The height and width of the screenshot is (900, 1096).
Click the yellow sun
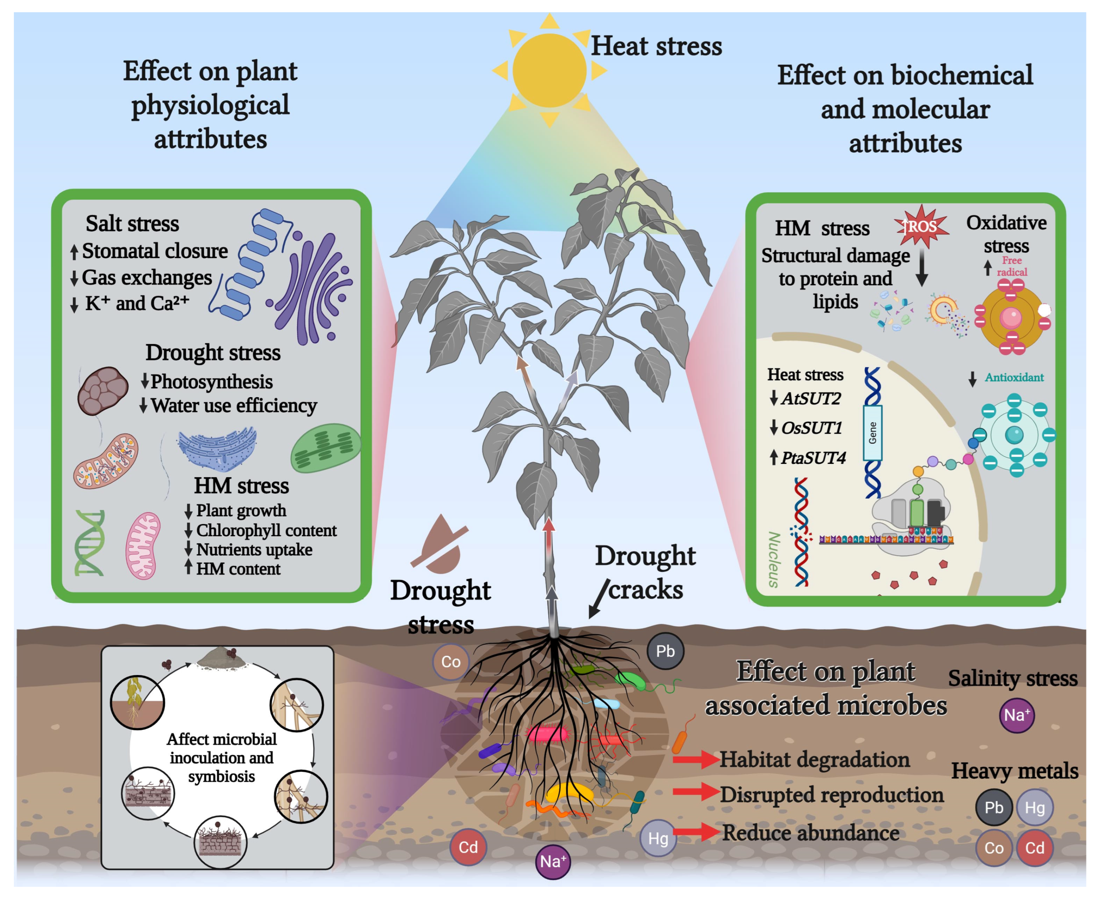pyautogui.click(x=549, y=71)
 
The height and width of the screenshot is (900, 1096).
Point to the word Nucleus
pyautogui.click(x=774, y=560)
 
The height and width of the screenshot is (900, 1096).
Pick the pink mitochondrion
pyautogui.click(x=143, y=545)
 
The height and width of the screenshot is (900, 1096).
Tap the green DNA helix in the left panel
pyautogui.click(x=90, y=543)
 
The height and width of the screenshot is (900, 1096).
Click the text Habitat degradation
pyautogui.click(x=814, y=760)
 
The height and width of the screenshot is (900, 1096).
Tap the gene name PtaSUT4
pyautogui.click(x=813, y=458)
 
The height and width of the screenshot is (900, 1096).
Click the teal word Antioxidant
pyautogui.click(x=1014, y=377)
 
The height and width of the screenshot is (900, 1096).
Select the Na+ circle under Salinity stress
pyautogui.click(x=1016, y=715)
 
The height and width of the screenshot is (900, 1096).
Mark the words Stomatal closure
pyautogui.click(x=154, y=251)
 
